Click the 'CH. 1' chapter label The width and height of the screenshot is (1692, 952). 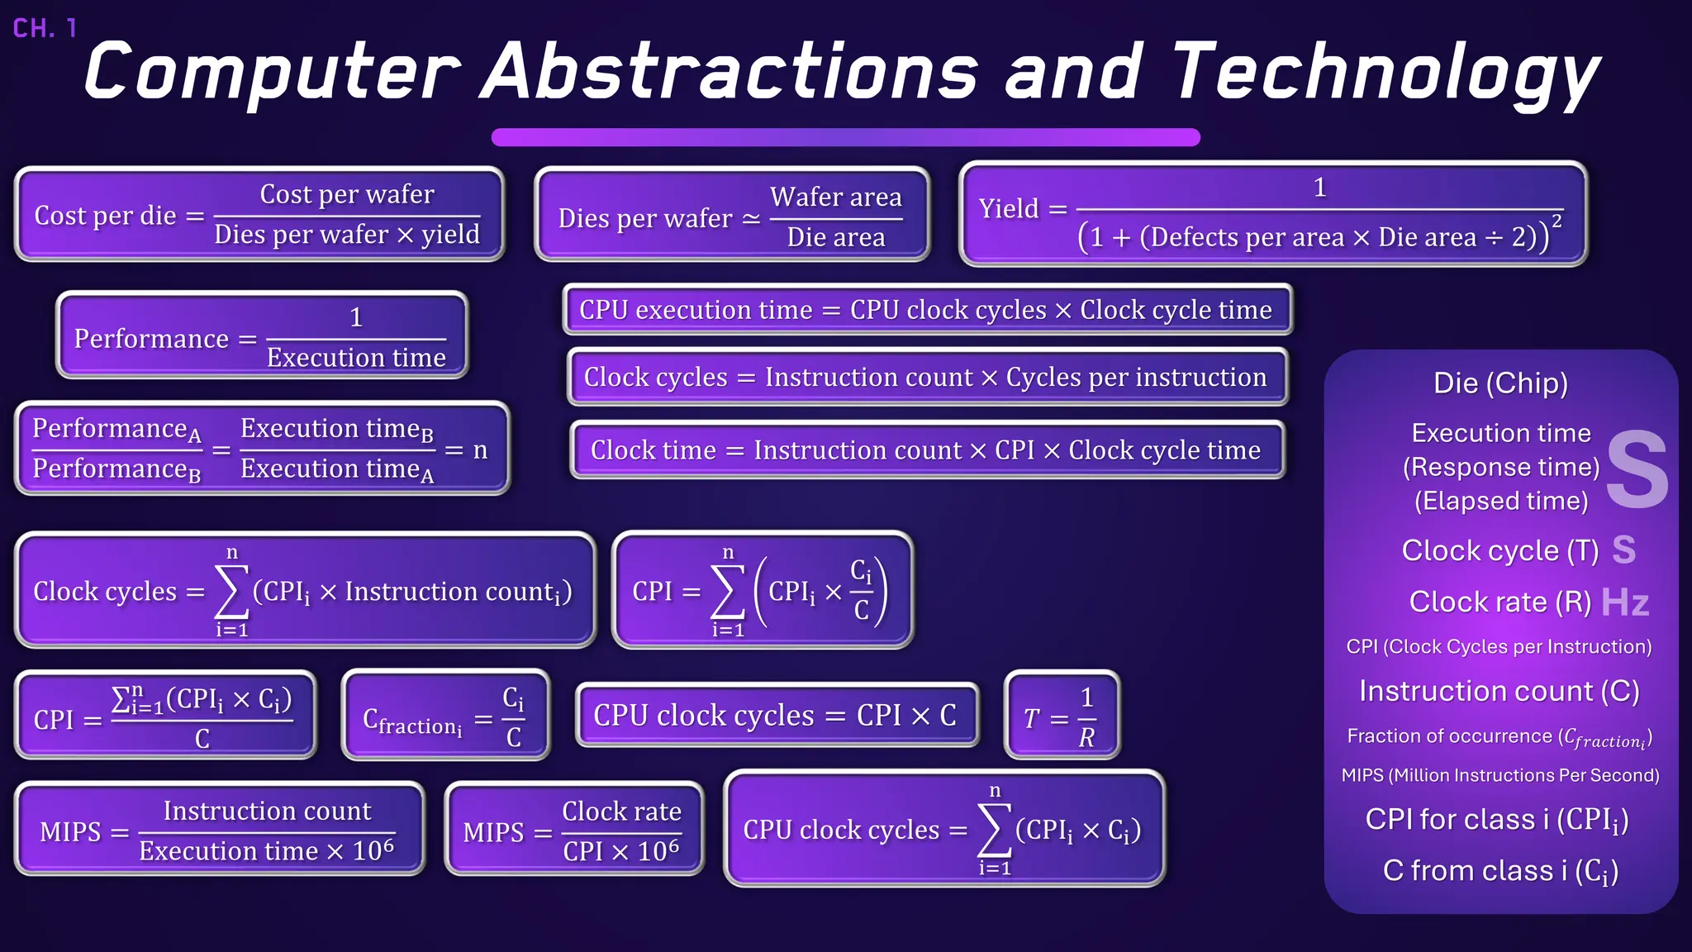45,28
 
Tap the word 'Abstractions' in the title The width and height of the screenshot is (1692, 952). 730,73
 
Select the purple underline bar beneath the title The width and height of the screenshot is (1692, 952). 845,137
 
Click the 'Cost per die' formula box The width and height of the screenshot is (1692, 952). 259,215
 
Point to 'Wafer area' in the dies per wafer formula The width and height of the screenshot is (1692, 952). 835,198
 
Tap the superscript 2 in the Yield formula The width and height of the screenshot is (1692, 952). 1557,221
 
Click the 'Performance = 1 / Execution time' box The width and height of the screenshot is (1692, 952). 262,336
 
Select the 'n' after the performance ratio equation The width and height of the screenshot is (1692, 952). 480,450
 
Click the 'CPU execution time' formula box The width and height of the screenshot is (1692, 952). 927,310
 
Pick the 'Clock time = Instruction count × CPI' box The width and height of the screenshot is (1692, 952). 927,450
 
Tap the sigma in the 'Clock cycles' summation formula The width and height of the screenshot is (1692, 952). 231,591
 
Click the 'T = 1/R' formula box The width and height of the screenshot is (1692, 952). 1062,716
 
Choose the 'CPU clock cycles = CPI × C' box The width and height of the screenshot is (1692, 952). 777,716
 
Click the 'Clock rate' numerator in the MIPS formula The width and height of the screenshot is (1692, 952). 621,812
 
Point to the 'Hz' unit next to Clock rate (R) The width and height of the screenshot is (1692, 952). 1624,603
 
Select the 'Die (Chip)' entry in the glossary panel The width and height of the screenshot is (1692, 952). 1500,383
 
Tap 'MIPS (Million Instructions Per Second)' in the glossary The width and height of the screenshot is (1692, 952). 1500,775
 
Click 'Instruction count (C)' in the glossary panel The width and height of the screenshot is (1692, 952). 1499,691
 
